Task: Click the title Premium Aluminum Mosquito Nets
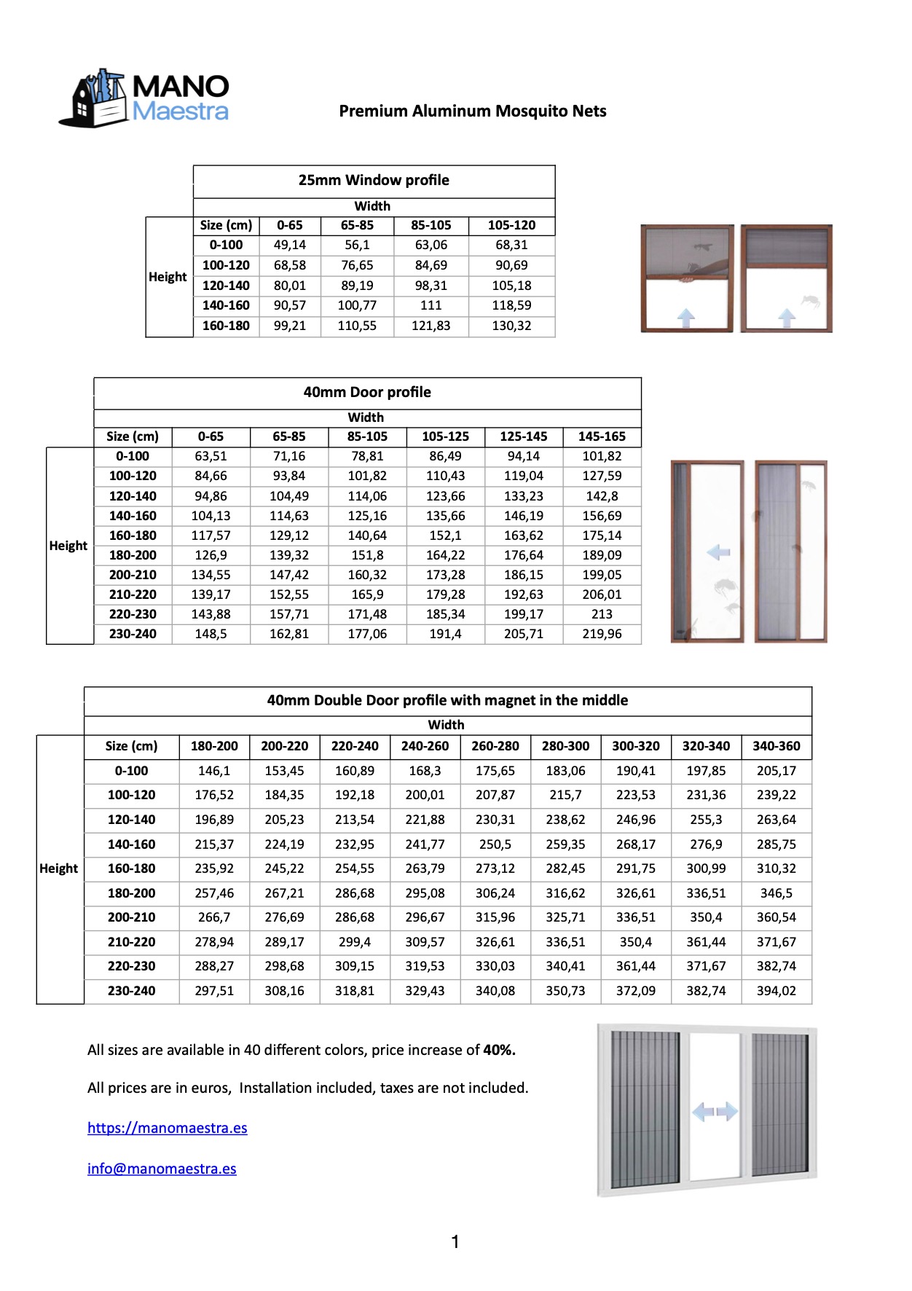coord(472,111)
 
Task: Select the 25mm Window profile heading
coord(374,181)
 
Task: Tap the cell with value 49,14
coord(290,246)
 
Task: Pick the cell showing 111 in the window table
coord(431,306)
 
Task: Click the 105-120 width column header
coord(511,226)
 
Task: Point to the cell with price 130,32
coord(511,326)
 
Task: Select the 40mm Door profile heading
coord(367,393)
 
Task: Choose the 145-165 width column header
coord(602,437)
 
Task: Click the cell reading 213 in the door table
coord(602,615)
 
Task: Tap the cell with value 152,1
coord(445,535)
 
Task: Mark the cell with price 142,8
coord(602,496)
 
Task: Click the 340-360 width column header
coord(776,747)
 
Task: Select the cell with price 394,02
coord(776,992)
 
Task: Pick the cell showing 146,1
coord(214,772)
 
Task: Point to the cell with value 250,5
coord(495,845)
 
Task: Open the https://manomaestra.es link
coord(168,1129)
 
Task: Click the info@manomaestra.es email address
coord(162,1169)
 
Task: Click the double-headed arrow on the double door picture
coord(715,1112)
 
